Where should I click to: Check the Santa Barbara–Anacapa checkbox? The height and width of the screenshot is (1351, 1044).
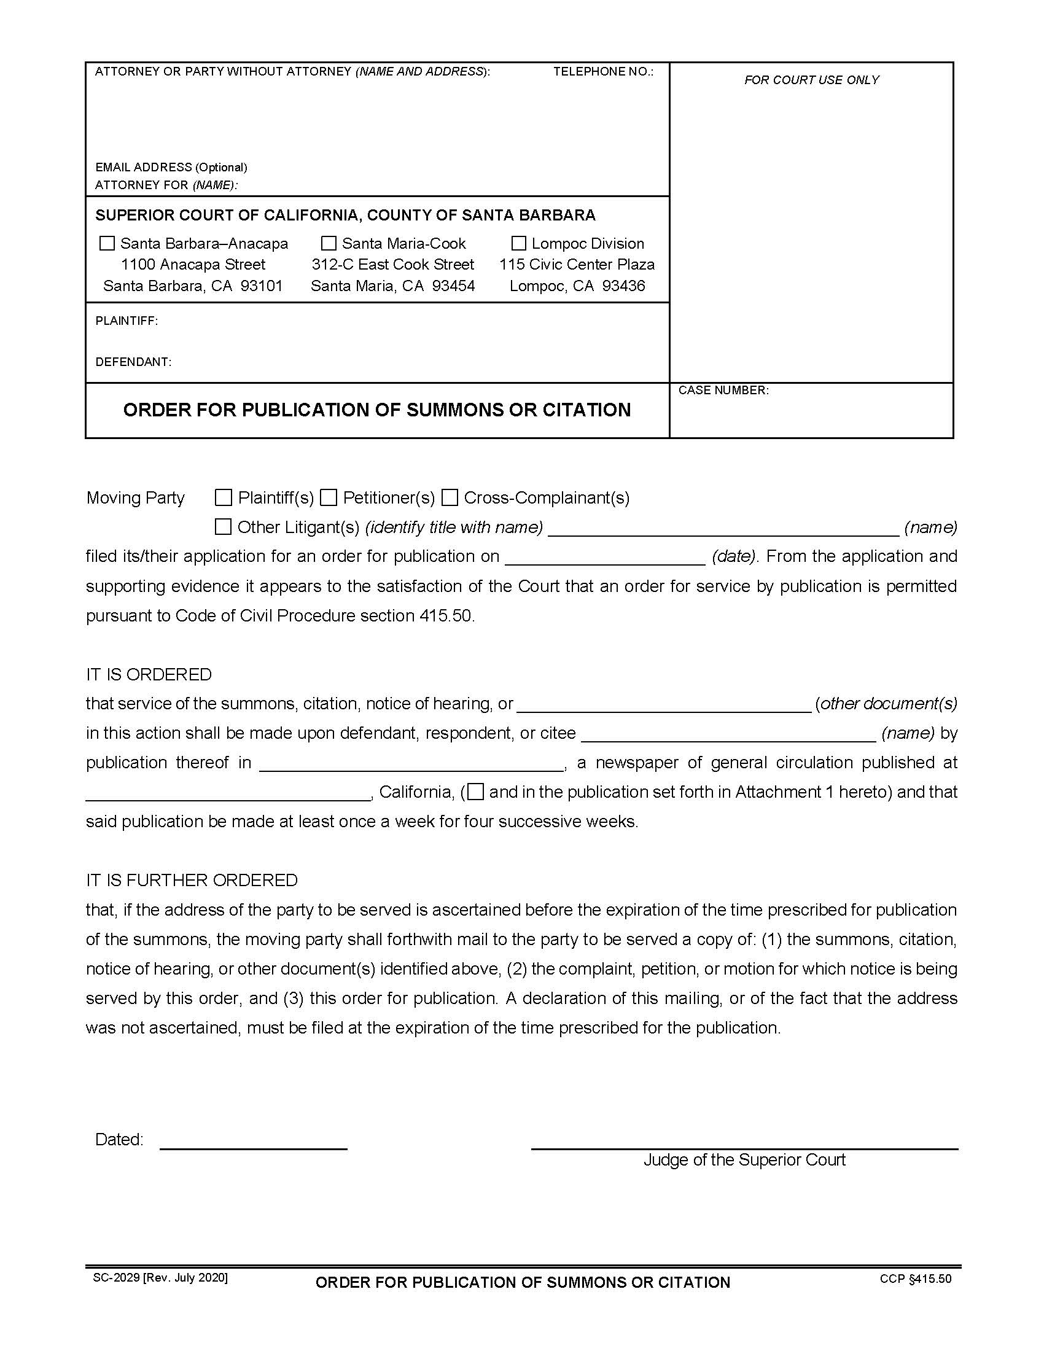point(107,243)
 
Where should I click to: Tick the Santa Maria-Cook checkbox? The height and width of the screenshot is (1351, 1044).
point(329,243)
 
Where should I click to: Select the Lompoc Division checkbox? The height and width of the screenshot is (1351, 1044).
point(519,243)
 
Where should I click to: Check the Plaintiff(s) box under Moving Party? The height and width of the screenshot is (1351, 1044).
point(224,497)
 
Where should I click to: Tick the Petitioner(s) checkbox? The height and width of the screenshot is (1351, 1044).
point(329,497)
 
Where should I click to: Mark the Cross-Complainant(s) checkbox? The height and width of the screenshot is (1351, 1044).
point(450,497)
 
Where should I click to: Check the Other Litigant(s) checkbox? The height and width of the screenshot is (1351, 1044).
point(223,527)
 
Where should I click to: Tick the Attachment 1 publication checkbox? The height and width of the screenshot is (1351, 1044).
point(475,792)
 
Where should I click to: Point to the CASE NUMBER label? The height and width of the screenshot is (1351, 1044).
point(723,391)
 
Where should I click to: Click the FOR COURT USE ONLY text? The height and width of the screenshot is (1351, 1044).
point(811,80)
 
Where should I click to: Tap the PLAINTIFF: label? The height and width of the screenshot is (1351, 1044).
point(127,321)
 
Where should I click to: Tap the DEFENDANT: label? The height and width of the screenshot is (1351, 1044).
point(133,362)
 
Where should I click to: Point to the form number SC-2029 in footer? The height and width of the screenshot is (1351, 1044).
point(116,1278)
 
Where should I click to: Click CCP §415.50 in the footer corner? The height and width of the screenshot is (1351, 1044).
point(916,1279)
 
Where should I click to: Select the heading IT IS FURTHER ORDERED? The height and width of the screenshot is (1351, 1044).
point(192,880)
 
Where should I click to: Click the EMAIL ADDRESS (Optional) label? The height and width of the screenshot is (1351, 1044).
point(171,167)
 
